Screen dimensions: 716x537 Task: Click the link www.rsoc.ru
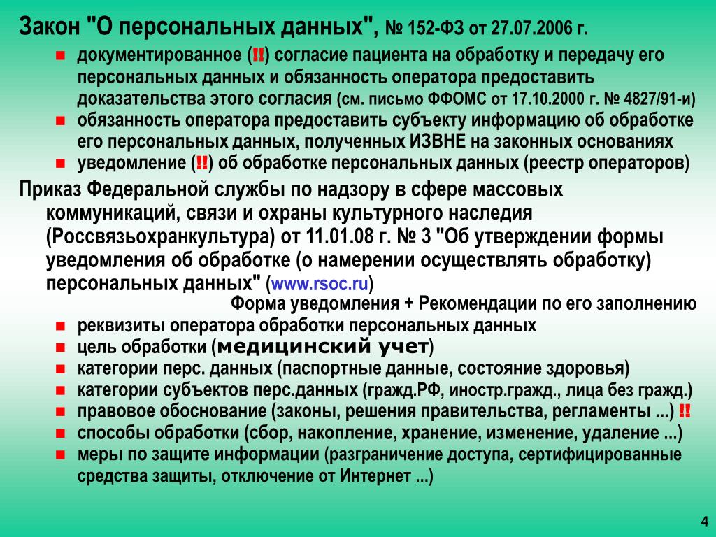pos(320,284)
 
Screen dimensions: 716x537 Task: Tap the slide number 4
pos(705,522)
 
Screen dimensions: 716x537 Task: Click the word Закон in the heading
pos(50,27)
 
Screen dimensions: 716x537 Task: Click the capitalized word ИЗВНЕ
pos(435,141)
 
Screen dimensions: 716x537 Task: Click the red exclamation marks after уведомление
pos(201,164)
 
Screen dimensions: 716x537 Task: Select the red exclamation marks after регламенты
pos(685,411)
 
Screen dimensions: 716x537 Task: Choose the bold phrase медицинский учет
pos(322,347)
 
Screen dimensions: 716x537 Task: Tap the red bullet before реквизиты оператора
pos(60,326)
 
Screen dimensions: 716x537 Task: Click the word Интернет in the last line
pos(375,476)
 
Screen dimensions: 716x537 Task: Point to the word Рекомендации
pos(477,303)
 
